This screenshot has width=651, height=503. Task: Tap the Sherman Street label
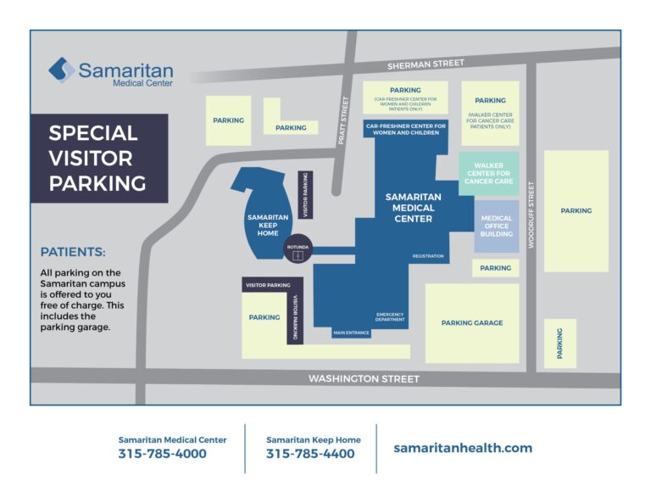click(x=426, y=64)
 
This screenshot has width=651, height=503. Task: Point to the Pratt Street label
click(x=343, y=120)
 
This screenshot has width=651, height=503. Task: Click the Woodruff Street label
click(x=531, y=214)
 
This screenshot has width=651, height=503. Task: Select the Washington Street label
click(x=364, y=378)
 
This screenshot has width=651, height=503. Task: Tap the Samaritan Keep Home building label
click(x=268, y=223)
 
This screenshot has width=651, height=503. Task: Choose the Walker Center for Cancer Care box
click(x=489, y=174)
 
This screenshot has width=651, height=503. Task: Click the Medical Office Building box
click(x=497, y=226)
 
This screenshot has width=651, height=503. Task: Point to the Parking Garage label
click(x=472, y=323)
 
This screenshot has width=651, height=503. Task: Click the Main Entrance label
click(x=351, y=333)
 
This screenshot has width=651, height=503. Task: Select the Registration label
click(x=428, y=255)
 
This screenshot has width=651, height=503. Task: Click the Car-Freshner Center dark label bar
click(x=405, y=129)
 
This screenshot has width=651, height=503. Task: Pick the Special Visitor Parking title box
click(x=98, y=159)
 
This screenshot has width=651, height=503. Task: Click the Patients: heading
click(x=73, y=252)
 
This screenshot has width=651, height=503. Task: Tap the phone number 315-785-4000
click(x=162, y=454)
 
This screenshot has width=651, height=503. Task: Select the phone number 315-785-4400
click(x=310, y=454)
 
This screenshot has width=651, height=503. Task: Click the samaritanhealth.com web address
click(x=463, y=448)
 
